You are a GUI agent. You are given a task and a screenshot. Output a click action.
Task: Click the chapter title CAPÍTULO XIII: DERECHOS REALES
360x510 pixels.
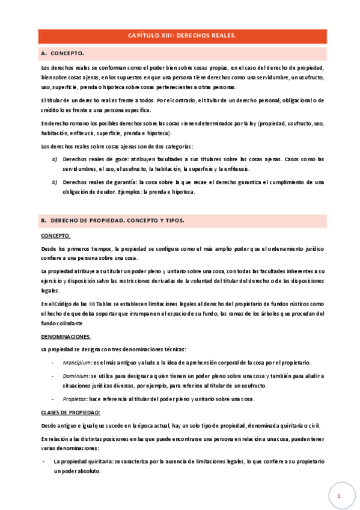click(183, 35)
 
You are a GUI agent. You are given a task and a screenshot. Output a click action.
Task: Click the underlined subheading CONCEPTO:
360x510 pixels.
click(55, 235)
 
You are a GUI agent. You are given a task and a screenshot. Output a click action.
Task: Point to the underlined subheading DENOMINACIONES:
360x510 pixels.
click(66, 337)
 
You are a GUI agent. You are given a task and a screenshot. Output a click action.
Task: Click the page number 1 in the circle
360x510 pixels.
click(339, 497)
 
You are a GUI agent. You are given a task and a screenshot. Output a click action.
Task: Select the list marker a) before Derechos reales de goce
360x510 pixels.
click(55, 159)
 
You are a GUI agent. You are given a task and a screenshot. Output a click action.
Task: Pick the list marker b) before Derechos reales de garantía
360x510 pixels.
click(55, 182)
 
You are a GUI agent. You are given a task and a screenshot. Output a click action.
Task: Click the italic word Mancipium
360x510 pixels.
click(76, 363)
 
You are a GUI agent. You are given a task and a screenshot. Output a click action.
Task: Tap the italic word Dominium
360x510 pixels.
click(76, 376)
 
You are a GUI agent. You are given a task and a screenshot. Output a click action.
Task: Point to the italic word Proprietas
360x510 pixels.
click(75, 399)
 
